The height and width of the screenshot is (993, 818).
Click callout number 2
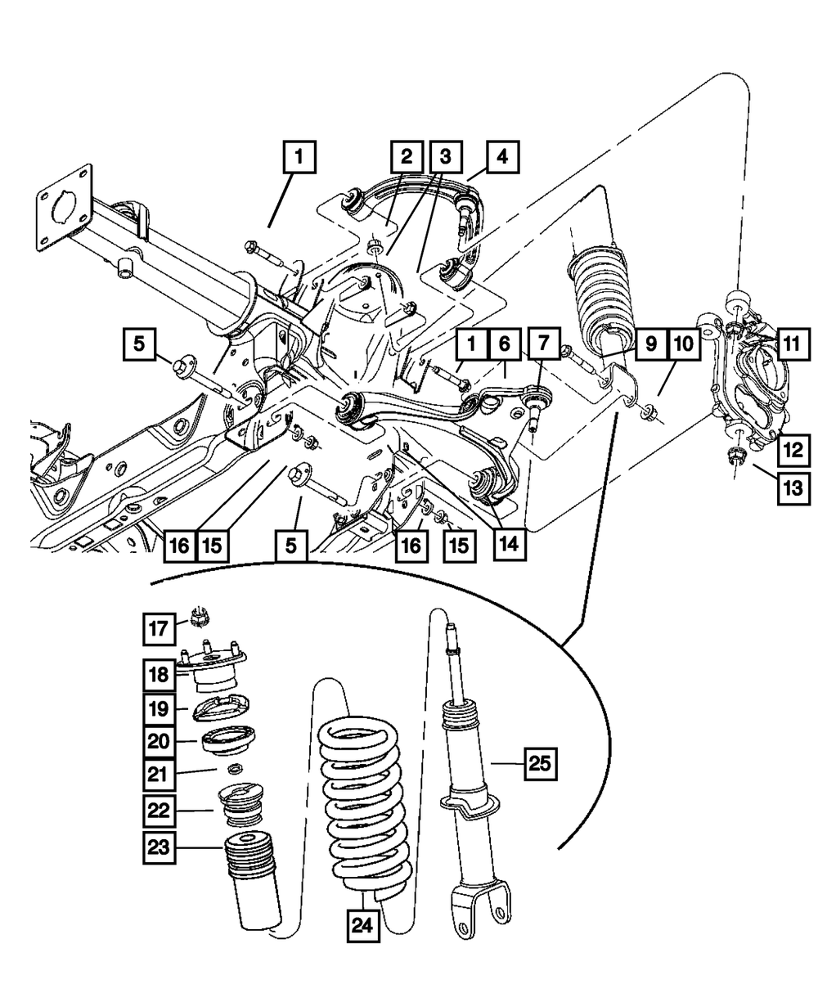coord(406,155)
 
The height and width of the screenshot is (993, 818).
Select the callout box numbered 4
coord(502,156)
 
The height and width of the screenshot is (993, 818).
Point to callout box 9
coord(650,344)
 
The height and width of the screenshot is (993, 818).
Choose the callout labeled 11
coord(789,344)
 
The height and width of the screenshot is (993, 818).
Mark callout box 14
coord(508,543)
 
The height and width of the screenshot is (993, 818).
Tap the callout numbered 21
coord(161,772)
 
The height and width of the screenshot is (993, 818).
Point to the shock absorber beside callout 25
coord(470,785)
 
